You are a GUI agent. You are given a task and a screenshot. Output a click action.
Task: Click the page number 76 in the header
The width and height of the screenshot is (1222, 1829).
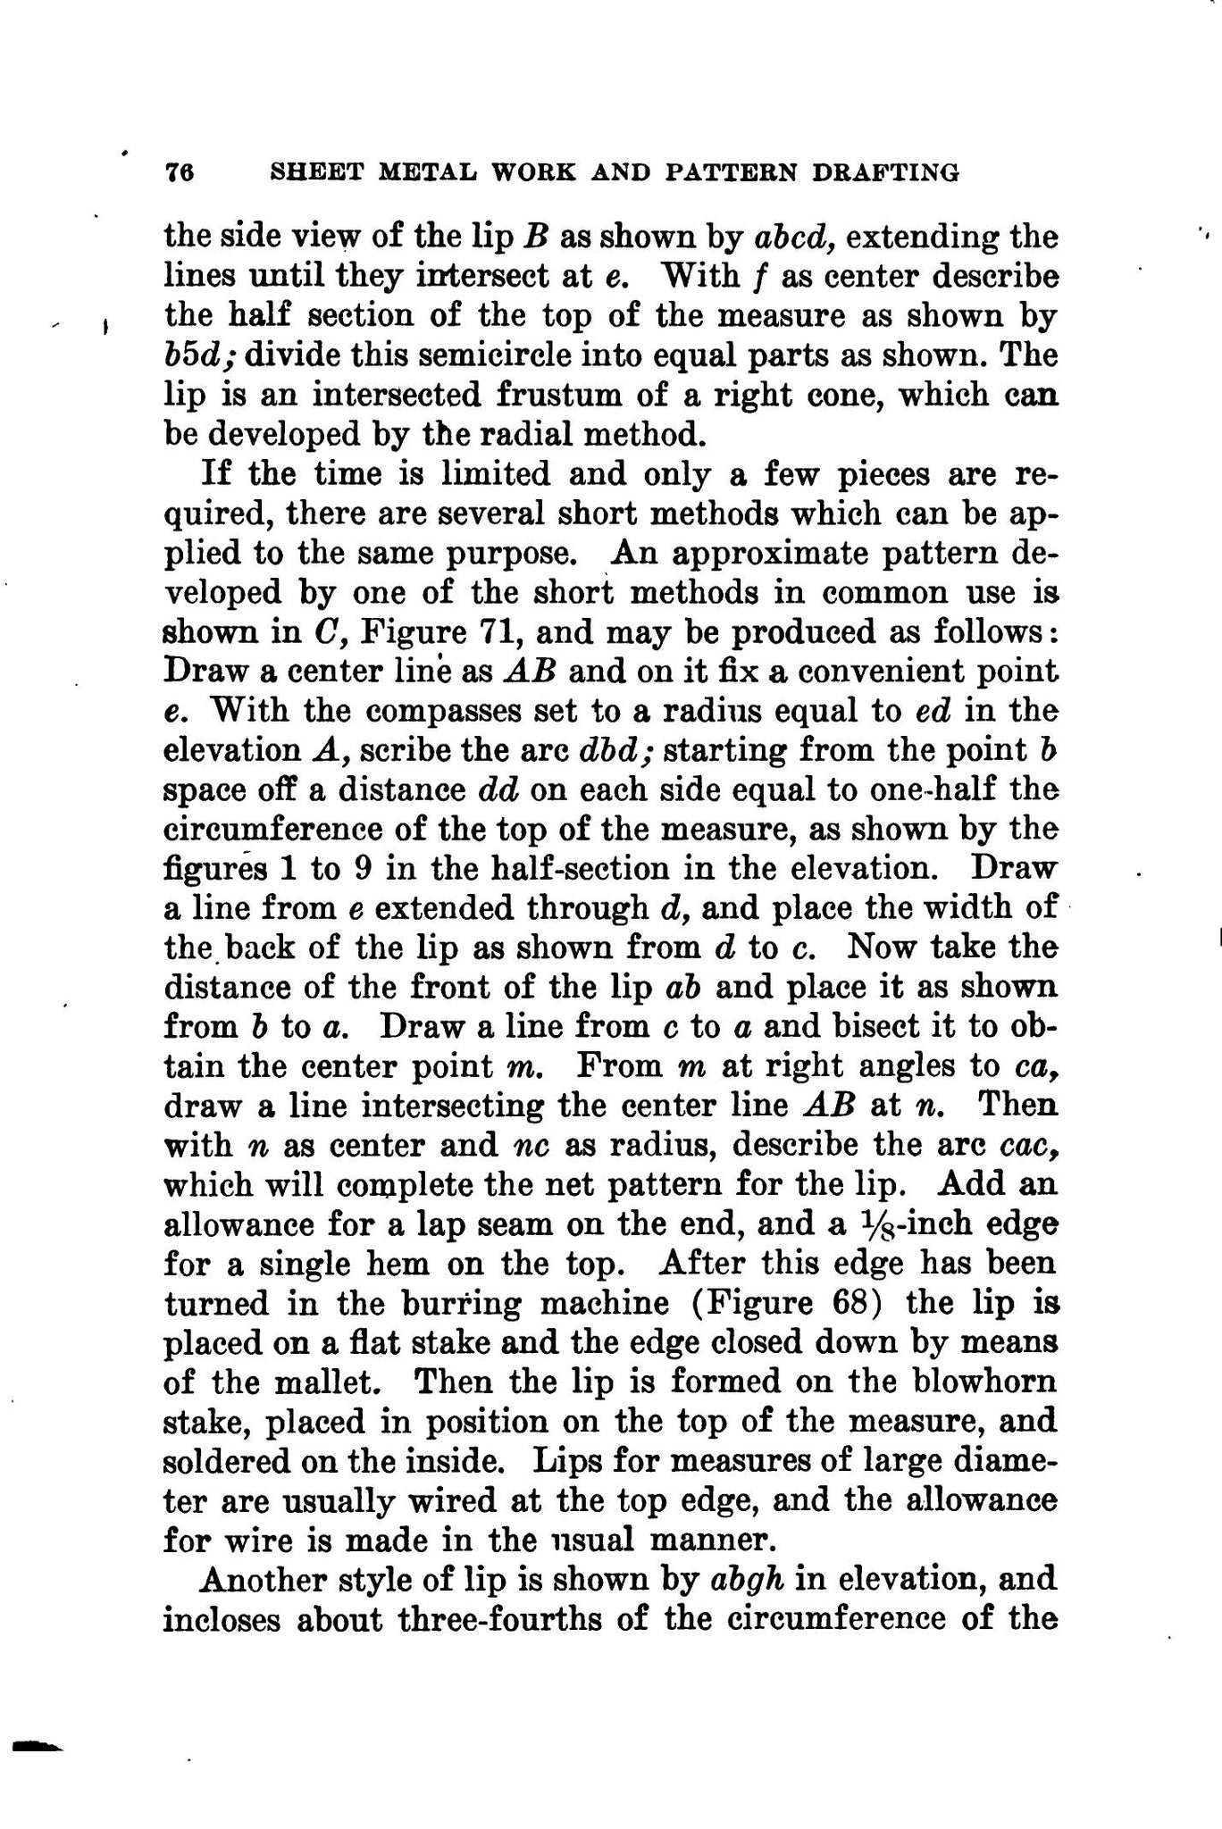tap(180, 172)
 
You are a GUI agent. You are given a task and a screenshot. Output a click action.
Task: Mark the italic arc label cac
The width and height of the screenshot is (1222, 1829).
tap(1031, 1145)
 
